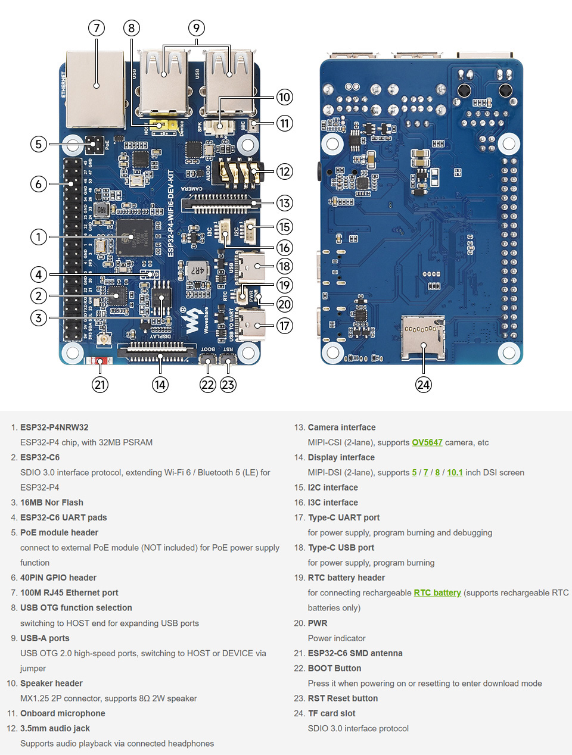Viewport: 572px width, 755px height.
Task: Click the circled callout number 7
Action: [x=96, y=28]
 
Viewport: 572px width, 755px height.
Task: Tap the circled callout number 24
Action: [x=423, y=385]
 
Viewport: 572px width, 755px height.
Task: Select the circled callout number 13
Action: [x=284, y=203]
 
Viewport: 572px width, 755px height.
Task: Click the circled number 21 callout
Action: [x=100, y=385]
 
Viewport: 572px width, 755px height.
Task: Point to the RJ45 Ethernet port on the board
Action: [x=95, y=88]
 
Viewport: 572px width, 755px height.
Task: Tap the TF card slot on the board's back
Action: [x=423, y=338]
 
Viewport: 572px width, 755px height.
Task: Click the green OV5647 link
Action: [x=427, y=442]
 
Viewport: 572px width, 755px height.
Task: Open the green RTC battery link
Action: [x=437, y=592]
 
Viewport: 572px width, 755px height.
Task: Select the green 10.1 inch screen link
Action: [x=455, y=472]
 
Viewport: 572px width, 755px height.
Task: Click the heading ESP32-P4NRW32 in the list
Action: [x=54, y=428]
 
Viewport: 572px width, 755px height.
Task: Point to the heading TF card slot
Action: [x=331, y=713]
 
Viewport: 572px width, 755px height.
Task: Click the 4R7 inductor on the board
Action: [x=197, y=270]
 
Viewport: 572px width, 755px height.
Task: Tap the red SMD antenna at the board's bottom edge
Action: [x=100, y=361]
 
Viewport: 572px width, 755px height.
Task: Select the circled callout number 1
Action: [x=39, y=237]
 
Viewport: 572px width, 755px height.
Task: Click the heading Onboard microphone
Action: [x=63, y=713]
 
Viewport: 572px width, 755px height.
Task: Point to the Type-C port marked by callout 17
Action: [x=251, y=326]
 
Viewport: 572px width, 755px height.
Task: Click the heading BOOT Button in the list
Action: [x=334, y=668]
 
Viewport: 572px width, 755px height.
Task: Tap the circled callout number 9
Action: [x=196, y=28]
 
